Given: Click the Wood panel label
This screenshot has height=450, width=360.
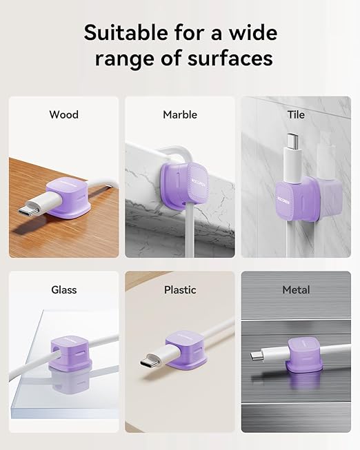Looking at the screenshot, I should pos(63,114).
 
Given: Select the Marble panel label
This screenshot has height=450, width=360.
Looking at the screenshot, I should pos(180,114).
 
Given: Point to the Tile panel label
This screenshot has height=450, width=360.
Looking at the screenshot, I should pos(295,114).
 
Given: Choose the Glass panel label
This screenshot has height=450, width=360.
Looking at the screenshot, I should pos(63,290).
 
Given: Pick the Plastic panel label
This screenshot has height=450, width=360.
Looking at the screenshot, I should pos(180,290).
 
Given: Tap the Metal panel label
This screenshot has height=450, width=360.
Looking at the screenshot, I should pos(296,290).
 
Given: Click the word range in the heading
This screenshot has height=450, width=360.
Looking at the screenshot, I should pos(119,59).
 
